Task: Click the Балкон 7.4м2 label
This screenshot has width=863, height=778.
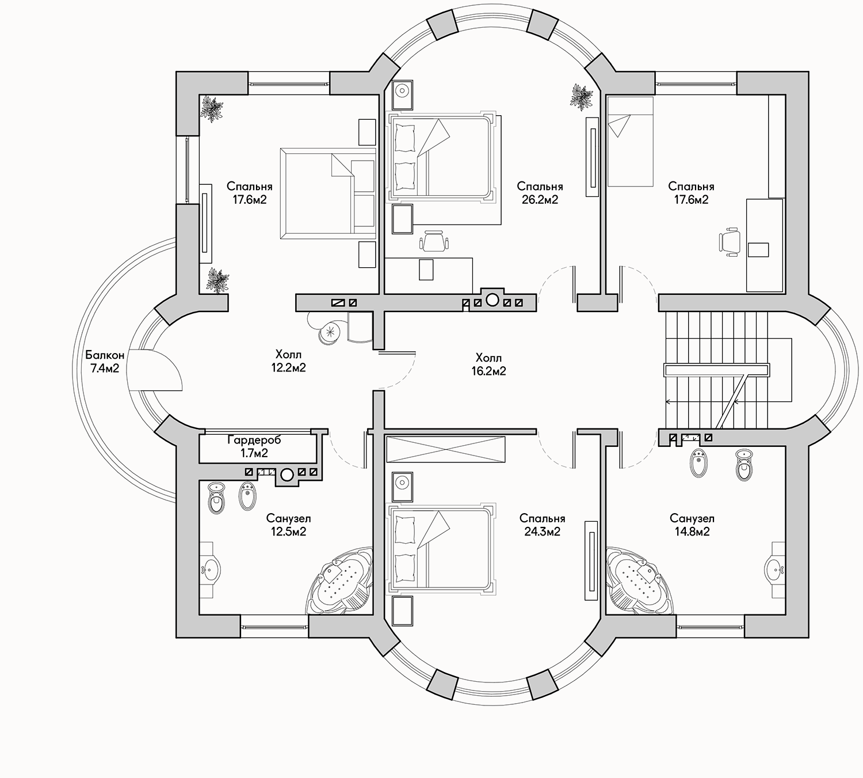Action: [105, 362]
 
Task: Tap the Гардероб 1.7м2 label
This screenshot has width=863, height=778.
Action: [254, 446]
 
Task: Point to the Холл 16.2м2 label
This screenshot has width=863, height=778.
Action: [488, 365]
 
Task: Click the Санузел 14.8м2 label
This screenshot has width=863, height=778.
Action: [692, 525]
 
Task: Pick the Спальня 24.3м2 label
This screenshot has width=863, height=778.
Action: [542, 525]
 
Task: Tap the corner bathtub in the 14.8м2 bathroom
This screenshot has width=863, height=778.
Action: [640, 580]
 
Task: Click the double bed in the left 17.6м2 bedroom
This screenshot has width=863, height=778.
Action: [329, 193]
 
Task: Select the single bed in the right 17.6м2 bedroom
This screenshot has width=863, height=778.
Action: [630, 141]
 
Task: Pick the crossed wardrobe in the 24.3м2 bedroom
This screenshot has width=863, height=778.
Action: [446, 450]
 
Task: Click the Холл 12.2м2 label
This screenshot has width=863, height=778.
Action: [288, 361]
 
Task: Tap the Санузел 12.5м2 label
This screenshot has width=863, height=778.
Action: [288, 525]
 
